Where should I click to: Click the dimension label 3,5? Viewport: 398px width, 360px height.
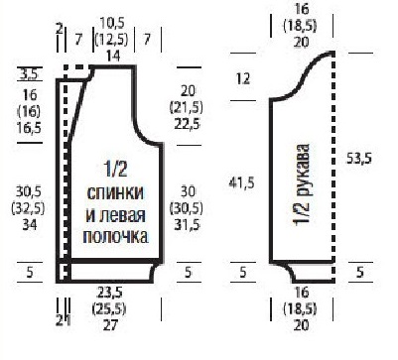point(29,74)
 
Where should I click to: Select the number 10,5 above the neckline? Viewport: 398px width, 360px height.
point(112,24)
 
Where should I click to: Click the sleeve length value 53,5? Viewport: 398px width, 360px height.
point(359,159)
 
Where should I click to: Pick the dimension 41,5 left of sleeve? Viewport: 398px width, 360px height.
point(242,182)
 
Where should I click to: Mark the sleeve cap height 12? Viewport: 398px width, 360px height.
point(243,79)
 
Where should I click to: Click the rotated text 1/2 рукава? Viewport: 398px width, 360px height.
point(302,185)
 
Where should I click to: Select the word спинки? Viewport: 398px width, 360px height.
point(115,192)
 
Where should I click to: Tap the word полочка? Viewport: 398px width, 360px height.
point(115,237)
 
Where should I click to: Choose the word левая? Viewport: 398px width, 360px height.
point(124,215)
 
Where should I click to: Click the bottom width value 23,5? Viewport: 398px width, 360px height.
point(110,293)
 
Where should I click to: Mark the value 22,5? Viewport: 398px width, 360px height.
point(188,124)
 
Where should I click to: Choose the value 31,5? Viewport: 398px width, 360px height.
point(188,225)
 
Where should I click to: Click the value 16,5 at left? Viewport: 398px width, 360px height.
point(30,128)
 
